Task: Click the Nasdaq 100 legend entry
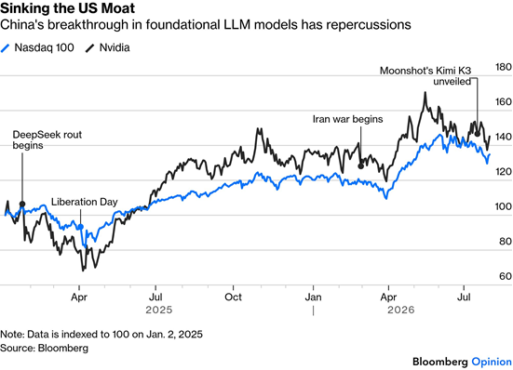[x=37, y=47]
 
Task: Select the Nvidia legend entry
[x=108, y=47]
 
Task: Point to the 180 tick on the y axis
[x=504, y=67]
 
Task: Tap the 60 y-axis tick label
[x=506, y=276]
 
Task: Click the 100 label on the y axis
[x=504, y=206]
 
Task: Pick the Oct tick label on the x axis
[x=234, y=297]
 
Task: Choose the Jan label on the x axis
[x=313, y=297]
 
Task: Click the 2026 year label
[x=401, y=310]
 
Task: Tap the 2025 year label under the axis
[x=159, y=310]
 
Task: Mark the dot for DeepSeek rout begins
[x=22, y=205]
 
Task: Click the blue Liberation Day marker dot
[x=81, y=227]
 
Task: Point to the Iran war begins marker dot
[x=361, y=165]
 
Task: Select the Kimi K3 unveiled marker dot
[x=478, y=134]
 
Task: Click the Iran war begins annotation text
[x=348, y=119]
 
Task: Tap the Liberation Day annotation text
[x=85, y=202]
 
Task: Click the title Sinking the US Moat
[x=67, y=8]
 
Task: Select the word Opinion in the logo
[x=492, y=362]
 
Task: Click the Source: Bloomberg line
[x=44, y=348]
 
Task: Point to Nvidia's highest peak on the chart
[x=425, y=92]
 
